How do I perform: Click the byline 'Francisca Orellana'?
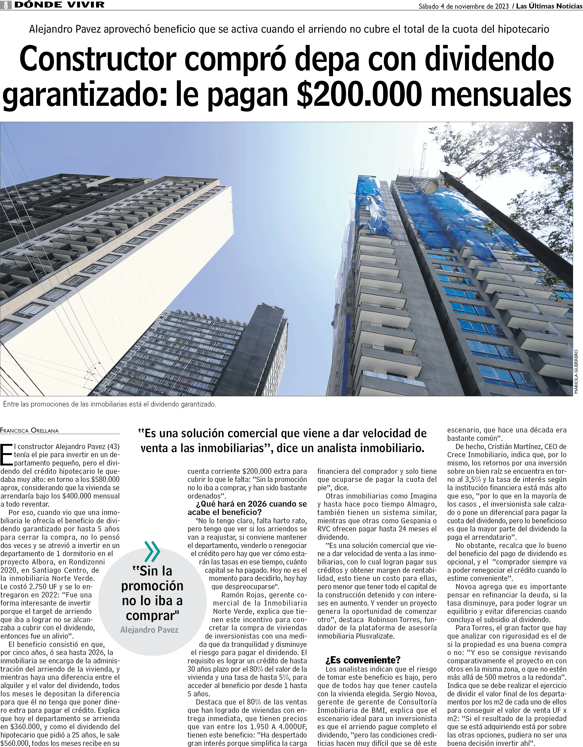coord(29,431)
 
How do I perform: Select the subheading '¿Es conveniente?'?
coord(358,660)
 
